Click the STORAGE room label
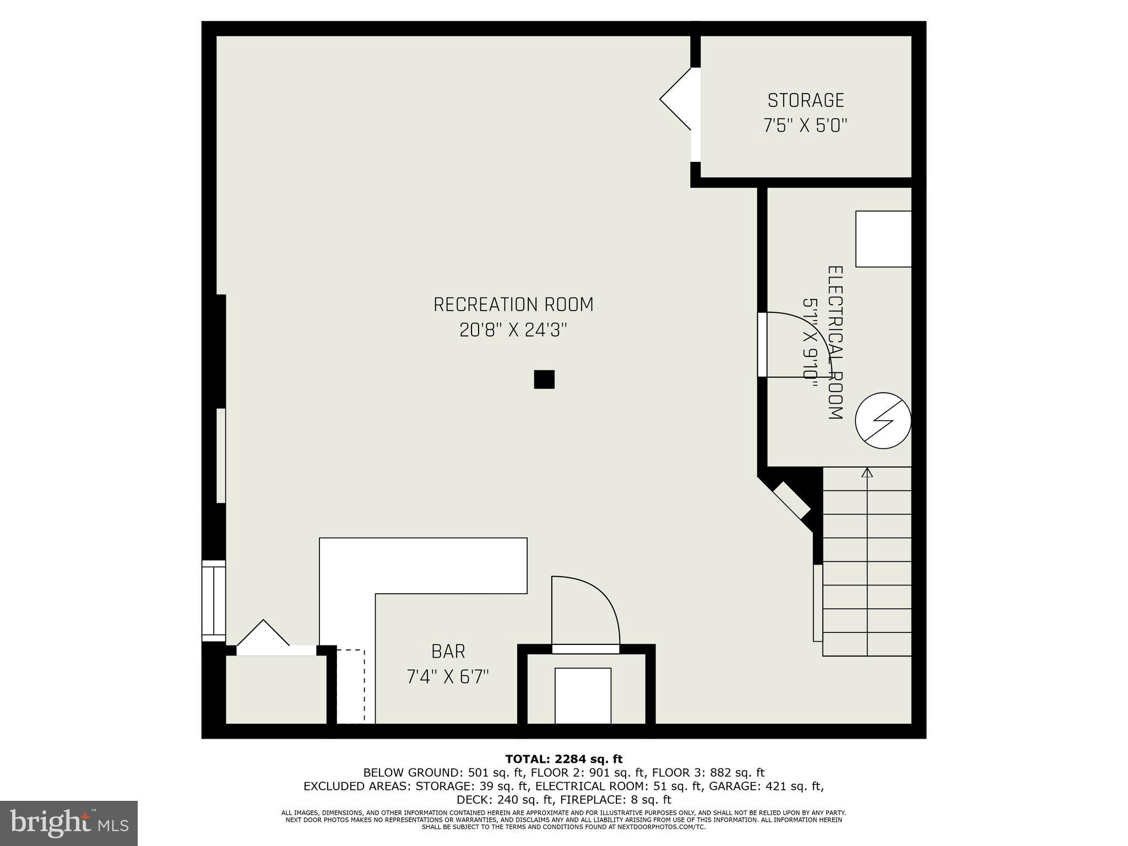pyautogui.click(x=805, y=100)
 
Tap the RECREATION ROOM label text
pyautogui.click(x=513, y=305)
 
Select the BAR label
pyautogui.click(x=448, y=652)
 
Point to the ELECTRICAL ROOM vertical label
pyautogui.click(x=836, y=343)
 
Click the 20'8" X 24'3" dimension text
pyautogui.click(x=513, y=330)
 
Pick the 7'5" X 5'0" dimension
pyautogui.click(x=805, y=126)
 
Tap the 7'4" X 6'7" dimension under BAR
pyautogui.click(x=448, y=676)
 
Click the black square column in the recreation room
pyautogui.click(x=544, y=379)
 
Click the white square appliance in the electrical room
pyautogui.click(x=883, y=239)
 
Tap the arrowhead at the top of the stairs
pyautogui.click(x=867, y=471)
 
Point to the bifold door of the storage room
pyautogui.click(x=676, y=99)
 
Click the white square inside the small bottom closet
pyautogui.click(x=583, y=696)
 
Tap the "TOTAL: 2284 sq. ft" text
pyautogui.click(x=564, y=760)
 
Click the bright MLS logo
pyautogui.click(x=69, y=823)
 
